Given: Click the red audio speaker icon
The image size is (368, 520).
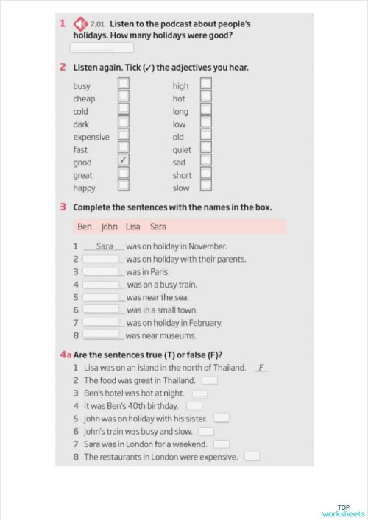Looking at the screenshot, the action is click(x=82, y=24).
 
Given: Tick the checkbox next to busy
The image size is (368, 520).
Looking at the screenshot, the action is click(x=124, y=85).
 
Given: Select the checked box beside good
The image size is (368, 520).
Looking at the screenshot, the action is click(x=124, y=161).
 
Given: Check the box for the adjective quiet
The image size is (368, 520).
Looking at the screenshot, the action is click(x=206, y=149).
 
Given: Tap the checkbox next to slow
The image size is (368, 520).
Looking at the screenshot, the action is click(x=206, y=187).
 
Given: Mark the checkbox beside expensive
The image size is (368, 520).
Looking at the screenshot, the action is click(x=124, y=136).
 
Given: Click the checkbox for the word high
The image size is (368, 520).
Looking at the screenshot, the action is click(x=206, y=85).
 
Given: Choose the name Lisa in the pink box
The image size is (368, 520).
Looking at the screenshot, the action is click(x=132, y=227).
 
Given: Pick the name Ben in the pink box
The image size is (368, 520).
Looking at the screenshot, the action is click(x=85, y=227).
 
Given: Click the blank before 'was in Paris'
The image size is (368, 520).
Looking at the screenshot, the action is click(x=102, y=271).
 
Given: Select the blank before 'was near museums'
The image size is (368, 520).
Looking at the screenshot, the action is click(x=102, y=335).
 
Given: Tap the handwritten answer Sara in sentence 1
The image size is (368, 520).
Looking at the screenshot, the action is click(x=105, y=246).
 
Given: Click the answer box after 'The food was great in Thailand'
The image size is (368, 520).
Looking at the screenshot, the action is click(x=210, y=380).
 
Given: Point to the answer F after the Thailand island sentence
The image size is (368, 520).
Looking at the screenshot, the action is click(x=261, y=367).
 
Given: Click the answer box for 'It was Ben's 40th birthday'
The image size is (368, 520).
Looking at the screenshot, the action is click(x=194, y=406).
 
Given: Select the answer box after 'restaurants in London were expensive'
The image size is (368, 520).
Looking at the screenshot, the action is click(x=252, y=457).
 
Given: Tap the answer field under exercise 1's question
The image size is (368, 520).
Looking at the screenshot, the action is click(x=102, y=48).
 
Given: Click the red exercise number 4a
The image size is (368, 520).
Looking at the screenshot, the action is click(x=66, y=354).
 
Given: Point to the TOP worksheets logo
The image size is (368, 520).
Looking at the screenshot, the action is click(x=343, y=510).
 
